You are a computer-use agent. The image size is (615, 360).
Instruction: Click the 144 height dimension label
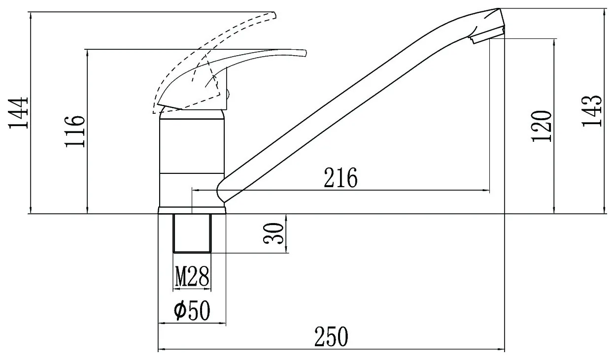pos(18,113)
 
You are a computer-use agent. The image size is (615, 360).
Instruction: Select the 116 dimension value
pos(75,131)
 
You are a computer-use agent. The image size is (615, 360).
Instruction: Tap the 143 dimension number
pos(592,111)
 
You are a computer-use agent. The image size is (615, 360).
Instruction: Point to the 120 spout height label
pos(541,126)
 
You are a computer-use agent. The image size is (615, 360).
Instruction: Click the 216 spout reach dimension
pos(341,177)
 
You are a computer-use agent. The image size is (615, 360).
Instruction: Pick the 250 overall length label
pos(331,336)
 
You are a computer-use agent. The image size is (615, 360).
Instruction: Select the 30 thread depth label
pos(273,233)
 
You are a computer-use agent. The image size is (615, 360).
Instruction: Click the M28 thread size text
pos(192,276)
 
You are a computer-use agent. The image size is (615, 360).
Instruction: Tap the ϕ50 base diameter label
pos(192,310)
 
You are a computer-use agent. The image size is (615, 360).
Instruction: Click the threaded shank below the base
pos(192,233)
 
